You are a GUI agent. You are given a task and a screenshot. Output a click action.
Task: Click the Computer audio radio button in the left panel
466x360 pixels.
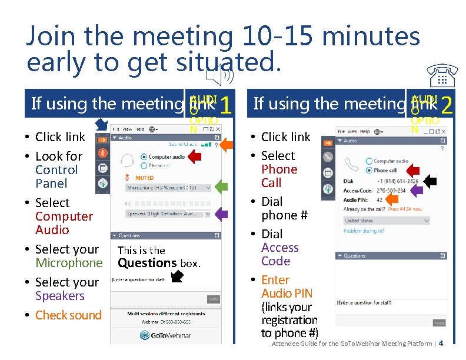click(144, 157)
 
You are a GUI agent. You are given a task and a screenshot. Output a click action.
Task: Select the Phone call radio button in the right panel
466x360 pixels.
click(369, 170)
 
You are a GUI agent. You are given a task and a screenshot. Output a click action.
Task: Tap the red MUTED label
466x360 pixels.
click(144, 178)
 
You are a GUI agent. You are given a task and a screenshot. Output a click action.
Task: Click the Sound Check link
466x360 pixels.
click(183, 144)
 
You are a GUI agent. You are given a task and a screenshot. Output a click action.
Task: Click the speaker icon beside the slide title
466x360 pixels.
click(222, 75)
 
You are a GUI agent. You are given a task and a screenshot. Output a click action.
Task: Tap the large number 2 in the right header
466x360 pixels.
click(447, 105)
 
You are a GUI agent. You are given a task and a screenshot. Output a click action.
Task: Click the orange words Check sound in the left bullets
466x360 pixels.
click(68, 315)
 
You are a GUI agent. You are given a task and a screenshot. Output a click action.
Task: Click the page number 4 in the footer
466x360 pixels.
click(441, 343)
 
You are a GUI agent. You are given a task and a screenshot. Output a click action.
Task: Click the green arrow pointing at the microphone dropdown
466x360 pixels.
click(221, 188)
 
